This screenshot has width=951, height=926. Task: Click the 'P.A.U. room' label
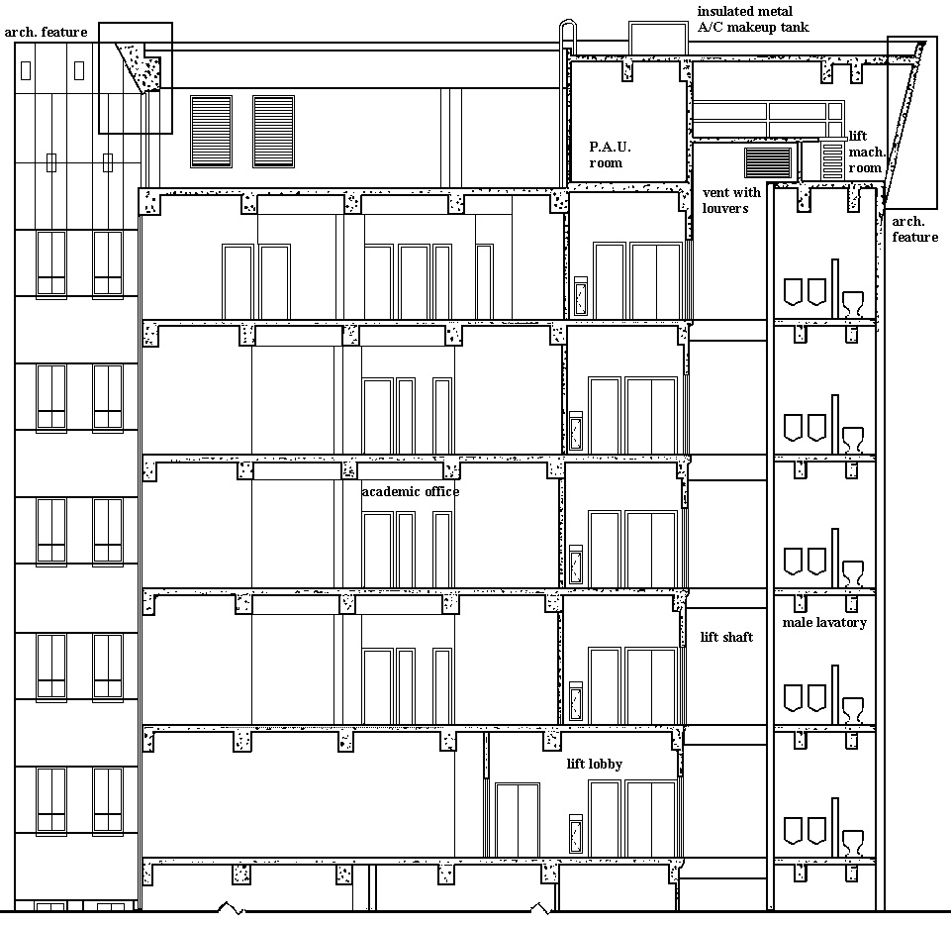click(x=611, y=154)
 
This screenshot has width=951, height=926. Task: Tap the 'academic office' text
click(x=410, y=491)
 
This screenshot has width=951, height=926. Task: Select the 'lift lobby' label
click(x=595, y=764)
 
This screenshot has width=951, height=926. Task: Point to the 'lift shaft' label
click(x=726, y=637)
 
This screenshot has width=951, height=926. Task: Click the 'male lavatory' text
click(x=824, y=623)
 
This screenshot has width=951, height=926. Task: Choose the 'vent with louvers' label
click(x=731, y=200)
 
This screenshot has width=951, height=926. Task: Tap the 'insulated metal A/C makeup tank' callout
click(x=753, y=19)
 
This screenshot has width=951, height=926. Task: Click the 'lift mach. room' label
click(x=866, y=152)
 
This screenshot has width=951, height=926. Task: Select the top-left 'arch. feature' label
click(x=47, y=32)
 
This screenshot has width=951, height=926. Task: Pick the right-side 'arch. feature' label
click(x=914, y=230)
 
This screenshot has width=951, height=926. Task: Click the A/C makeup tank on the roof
click(x=658, y=39)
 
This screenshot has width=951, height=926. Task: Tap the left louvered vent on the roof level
click(x=211, y=132)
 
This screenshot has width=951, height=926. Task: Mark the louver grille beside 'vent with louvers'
click(x=769, y=162)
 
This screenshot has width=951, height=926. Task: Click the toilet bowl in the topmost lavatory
click(x=853, y=303)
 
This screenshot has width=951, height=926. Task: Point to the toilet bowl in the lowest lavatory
click(x=853, y=842)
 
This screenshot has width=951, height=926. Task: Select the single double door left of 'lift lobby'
click(x=518, y=820)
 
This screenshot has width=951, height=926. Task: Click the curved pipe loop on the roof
click(x=567, y=37)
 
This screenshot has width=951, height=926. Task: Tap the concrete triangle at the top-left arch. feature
click(x=142, y=66)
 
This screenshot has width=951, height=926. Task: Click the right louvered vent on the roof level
click(x=273, y=132)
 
